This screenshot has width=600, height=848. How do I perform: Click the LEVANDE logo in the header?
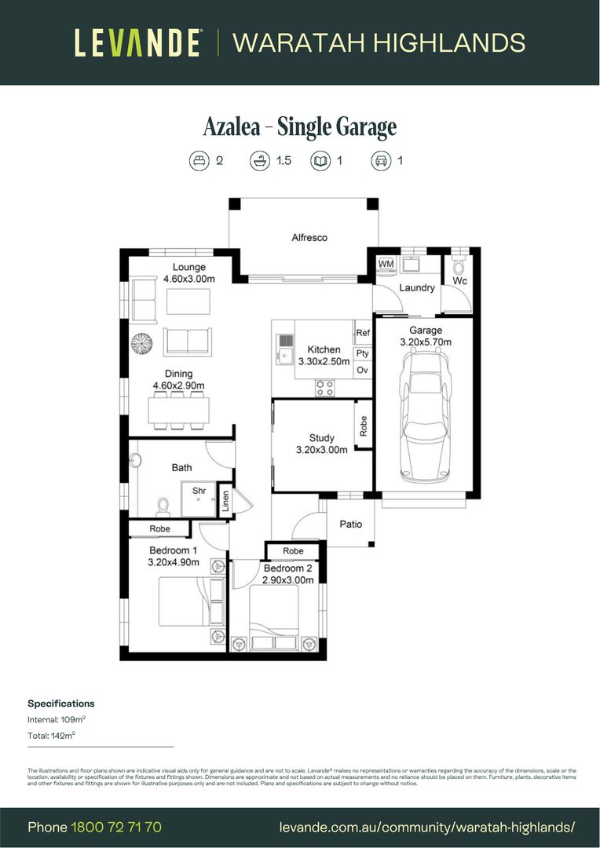(138, 42)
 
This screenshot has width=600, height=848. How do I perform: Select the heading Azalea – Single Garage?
(299, 126)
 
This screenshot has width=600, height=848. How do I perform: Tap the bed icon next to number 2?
(199, 161)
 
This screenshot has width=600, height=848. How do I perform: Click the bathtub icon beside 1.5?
(260, 161)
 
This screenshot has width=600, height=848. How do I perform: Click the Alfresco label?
(309, 237)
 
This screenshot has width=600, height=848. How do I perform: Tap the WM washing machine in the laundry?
(386, 264)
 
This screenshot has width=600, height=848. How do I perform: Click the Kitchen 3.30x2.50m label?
(324, 355)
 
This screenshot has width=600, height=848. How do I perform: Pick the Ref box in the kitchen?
(363, 333)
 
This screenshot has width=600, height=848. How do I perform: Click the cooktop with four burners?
(324, 387)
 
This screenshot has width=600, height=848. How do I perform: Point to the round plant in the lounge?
(142, 344)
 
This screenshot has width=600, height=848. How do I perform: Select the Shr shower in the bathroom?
(199, 497)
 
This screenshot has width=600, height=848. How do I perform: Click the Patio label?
(350, 524)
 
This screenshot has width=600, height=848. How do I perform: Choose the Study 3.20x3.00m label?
(321, 444)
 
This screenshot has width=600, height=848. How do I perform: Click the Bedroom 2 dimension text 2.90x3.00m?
(288, 580)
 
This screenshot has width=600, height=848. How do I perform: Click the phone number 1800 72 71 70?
(116, 828)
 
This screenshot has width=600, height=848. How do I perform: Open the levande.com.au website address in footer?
(427, 828)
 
